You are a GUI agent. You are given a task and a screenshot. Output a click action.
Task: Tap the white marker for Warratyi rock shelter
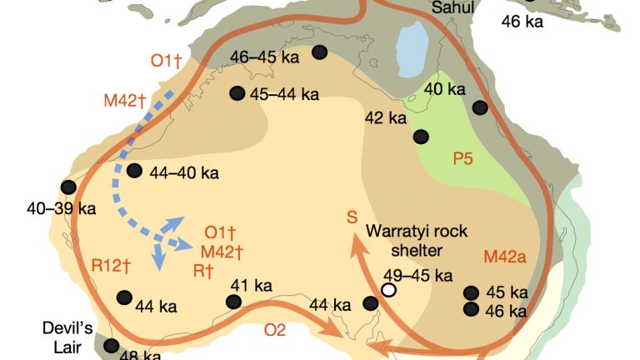pos(388,290)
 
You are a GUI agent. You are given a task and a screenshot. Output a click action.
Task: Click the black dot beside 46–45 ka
pos(319,52)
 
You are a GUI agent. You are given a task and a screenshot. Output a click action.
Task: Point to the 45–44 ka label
pos(284,94)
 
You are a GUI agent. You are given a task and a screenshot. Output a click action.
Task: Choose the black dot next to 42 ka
pos(422,136)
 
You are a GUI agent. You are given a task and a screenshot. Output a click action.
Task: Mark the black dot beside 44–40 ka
pos(134,171)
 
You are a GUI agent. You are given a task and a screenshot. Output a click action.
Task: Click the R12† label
pos(112,267)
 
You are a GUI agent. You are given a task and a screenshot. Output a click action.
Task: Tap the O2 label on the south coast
pos(275,330)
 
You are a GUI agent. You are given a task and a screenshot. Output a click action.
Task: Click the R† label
pos(205,270)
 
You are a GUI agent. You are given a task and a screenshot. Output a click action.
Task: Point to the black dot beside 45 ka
pos(471,292)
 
